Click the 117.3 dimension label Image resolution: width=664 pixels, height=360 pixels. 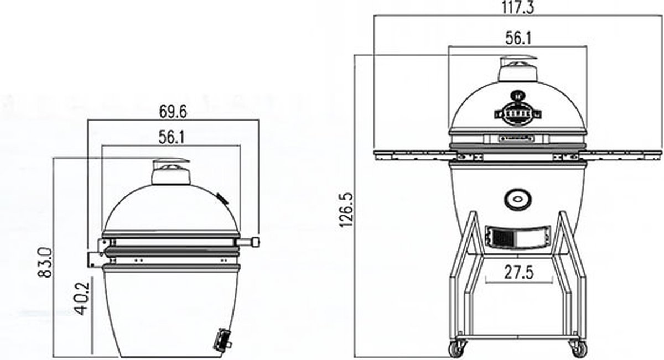pyautogui.click(x=518, y=7)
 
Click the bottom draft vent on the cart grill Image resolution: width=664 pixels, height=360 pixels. pyautogui.click(x=518, y=237)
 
